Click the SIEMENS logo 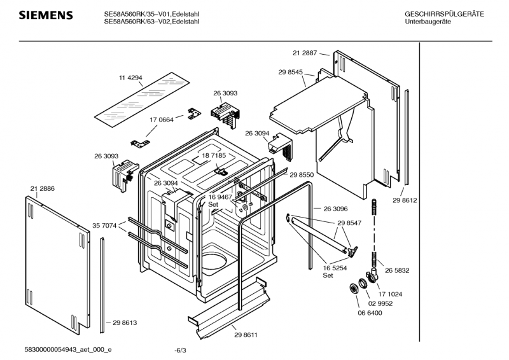pos(46,15)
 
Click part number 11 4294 pos(130,78)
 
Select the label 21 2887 pos(305,53)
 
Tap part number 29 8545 pos(291,72)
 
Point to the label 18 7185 pos(214,156)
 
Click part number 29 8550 pos(302,175)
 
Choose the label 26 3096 pos(335,209)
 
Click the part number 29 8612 pos(405,200)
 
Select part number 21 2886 pos(43,189)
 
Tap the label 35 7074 pos(104,226)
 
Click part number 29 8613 pos(125,322)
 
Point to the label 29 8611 pos(246,335)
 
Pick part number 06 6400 pos(370,313)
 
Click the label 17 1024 pos(390,294)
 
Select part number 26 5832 pos(397,270)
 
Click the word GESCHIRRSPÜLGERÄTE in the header pos(444,14)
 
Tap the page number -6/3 pos(180,350)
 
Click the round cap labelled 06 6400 pos(354,289)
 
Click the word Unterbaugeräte pos(428,22)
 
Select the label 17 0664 pos(162,120)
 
